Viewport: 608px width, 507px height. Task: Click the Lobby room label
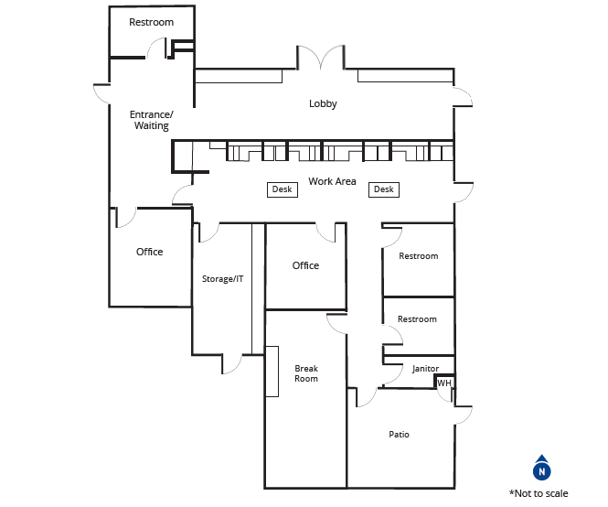pos(323,103)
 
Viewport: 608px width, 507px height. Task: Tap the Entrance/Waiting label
pos(151,120)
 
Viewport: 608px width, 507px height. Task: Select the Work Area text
pos(332,181)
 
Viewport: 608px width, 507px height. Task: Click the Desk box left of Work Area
pos(283,189)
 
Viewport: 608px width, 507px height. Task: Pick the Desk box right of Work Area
pos(384,189)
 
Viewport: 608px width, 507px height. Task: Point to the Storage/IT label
pos(222,279)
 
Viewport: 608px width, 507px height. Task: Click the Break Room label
pos(306,373)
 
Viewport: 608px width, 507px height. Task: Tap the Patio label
pos(399,434)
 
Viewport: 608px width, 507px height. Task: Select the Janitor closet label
pos(425,369)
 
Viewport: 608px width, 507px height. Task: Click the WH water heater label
pos(444,383)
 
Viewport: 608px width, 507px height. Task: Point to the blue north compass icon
pos(541,468)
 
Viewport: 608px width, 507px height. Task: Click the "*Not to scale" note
pos(539,493)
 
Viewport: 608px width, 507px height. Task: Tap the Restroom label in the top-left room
pos(151,22)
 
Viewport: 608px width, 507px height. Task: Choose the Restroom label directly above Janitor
pos(417,319)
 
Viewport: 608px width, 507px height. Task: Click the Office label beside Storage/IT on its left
pos(149,252)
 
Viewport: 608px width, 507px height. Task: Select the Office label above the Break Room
pos(305,265)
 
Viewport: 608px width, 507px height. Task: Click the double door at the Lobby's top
pos(321,59)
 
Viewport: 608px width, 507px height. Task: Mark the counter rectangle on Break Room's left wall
pos(272,372)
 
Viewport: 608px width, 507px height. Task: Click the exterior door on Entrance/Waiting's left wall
pos(101,93)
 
